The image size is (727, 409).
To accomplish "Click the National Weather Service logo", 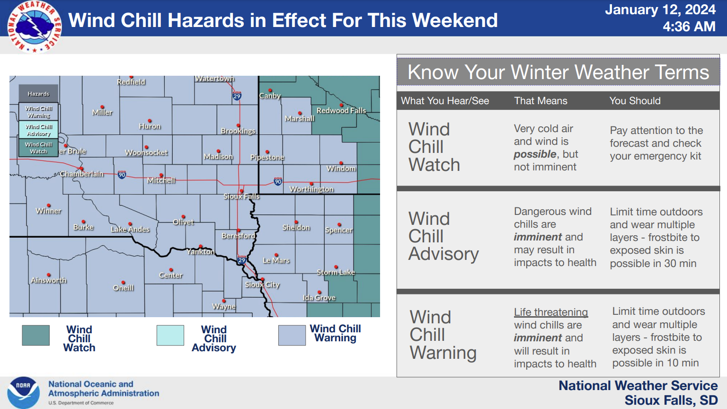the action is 35,27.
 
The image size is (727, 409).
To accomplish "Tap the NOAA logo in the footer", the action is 23,392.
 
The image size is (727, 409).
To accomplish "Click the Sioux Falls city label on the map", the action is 241,196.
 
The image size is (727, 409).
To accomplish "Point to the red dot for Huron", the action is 150,121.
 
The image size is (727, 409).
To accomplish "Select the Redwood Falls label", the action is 341,111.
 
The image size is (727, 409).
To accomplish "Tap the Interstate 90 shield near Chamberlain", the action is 122,175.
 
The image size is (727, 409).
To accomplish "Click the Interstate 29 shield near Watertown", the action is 237,96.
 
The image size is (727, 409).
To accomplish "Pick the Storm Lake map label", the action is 336,272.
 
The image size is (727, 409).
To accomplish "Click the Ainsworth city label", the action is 49,280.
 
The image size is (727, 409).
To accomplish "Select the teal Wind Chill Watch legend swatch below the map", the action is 35,335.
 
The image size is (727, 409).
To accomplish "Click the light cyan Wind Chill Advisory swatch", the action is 170,335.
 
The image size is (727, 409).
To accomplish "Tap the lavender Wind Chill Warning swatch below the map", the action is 292,335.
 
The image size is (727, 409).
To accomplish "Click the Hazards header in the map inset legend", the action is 38,94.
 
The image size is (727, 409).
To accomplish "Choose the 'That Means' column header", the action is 541,101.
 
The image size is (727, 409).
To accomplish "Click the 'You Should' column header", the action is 635,101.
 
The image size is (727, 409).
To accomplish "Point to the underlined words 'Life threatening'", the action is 551,312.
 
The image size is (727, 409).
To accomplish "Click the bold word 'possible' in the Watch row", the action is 535,154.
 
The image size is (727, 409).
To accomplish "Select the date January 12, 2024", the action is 660,9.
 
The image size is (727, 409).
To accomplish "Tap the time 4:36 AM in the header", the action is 689,27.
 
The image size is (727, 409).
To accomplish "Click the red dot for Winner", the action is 49,205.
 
